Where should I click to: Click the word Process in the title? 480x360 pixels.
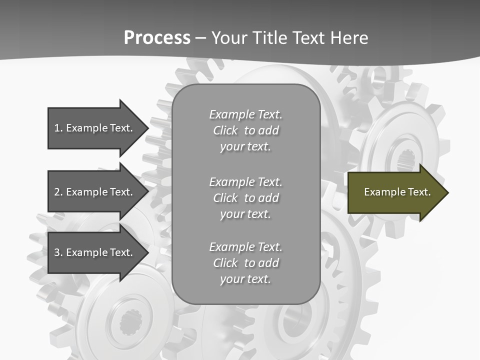(x=157, y=38)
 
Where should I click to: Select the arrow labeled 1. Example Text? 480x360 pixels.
(x=95, y=128)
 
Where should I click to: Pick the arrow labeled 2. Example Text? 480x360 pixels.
(x=95, y=192)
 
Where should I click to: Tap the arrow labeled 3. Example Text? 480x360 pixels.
(x=95, y=252)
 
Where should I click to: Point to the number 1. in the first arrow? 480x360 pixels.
(x=58, y=128)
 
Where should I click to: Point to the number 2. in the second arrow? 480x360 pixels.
(x=58, y=192)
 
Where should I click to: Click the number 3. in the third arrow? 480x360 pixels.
(x=58, y=252)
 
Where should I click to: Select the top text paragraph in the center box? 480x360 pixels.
(x=245, y=130)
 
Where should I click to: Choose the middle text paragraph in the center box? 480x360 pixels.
(x=245, y=198)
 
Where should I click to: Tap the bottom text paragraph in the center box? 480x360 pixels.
(x=245, y=263)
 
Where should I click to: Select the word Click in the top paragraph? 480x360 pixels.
(x=225, y=130)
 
